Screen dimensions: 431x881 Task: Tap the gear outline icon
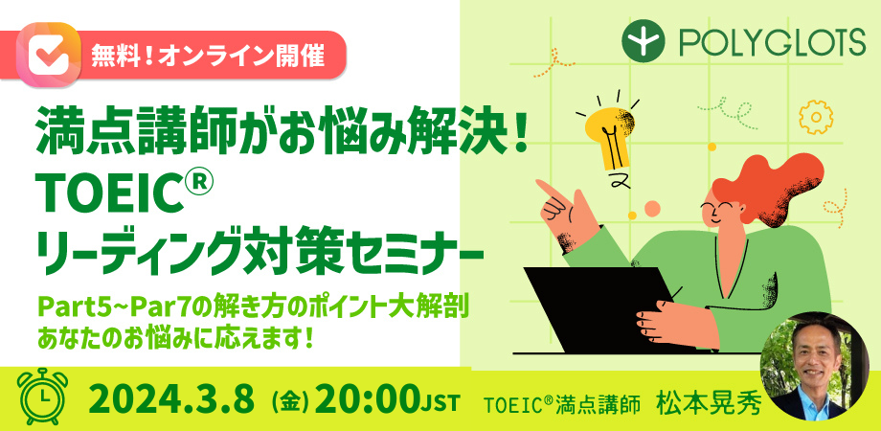[816, 117]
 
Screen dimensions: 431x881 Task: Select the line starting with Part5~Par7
[253, 308]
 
